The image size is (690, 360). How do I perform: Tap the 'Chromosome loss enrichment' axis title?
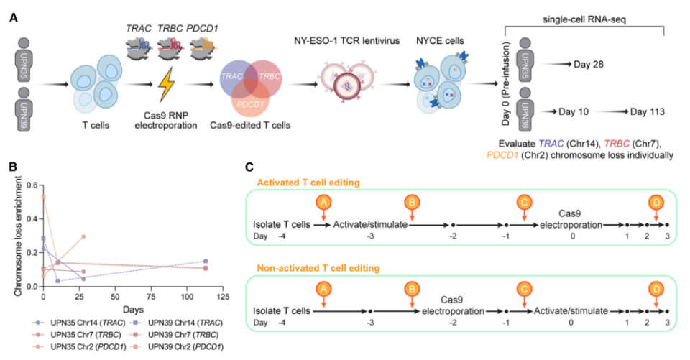18,235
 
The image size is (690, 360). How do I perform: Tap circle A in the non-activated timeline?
324,290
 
